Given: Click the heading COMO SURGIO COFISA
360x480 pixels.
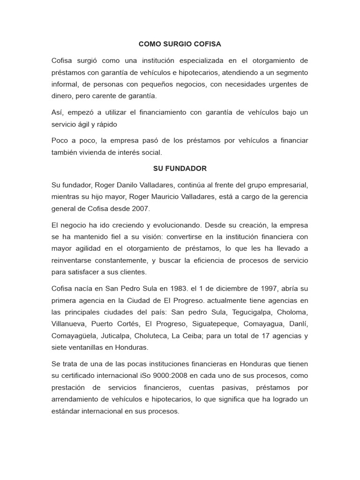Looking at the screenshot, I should tap(180, 44).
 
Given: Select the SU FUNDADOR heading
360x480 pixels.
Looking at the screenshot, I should tap(180, 168).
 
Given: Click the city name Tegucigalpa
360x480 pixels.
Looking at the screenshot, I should tap(243, 312).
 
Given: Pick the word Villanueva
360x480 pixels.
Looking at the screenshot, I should tap(68, 323).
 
